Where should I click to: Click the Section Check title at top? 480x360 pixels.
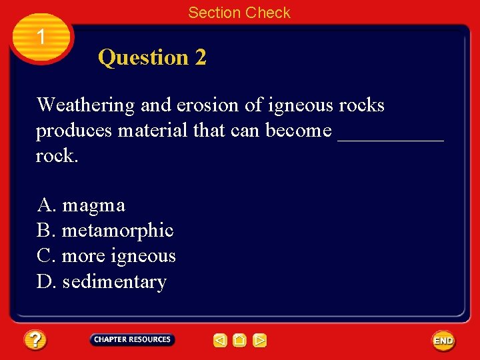(239, 13)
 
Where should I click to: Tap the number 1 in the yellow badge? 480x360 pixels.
(41, 37)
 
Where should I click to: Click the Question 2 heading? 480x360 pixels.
(152, 57)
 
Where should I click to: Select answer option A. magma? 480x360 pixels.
(81, 205)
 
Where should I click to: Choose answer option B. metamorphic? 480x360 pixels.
(105, 231)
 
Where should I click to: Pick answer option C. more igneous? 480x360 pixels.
(106, 256)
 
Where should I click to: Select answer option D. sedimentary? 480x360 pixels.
(101, 281)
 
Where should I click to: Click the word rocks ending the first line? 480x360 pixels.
(361, 105)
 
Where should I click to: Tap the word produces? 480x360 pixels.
(73, 131)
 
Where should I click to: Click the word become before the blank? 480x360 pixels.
(299, 131)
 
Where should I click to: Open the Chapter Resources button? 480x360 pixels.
(132, 339)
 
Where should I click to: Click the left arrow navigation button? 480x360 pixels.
(220, 341)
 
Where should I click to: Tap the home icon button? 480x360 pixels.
(240, 341)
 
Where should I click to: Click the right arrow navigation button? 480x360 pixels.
(260, 341)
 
